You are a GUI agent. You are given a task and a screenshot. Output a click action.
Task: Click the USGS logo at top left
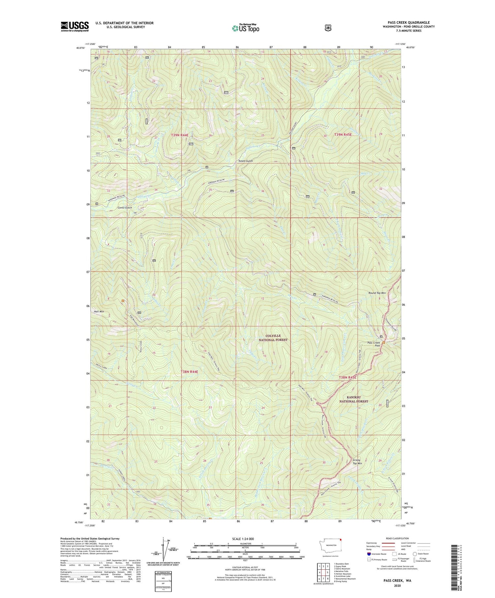click(x=75, y=26)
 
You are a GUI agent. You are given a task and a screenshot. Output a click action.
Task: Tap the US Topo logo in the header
click(x=246, y=28)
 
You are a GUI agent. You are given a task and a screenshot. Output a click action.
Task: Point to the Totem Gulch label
click(x=246, y=161)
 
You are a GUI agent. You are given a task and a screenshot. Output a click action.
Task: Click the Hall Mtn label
click(x=99, y=311)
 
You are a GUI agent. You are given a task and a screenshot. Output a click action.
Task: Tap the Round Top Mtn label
click(x=377, y=293)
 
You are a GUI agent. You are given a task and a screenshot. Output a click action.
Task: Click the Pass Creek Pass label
click(x=374, y=344)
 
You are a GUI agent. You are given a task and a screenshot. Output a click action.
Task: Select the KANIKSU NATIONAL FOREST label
click(x=354, y=399)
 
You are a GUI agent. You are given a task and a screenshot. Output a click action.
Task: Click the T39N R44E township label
click(x=180, y=135)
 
